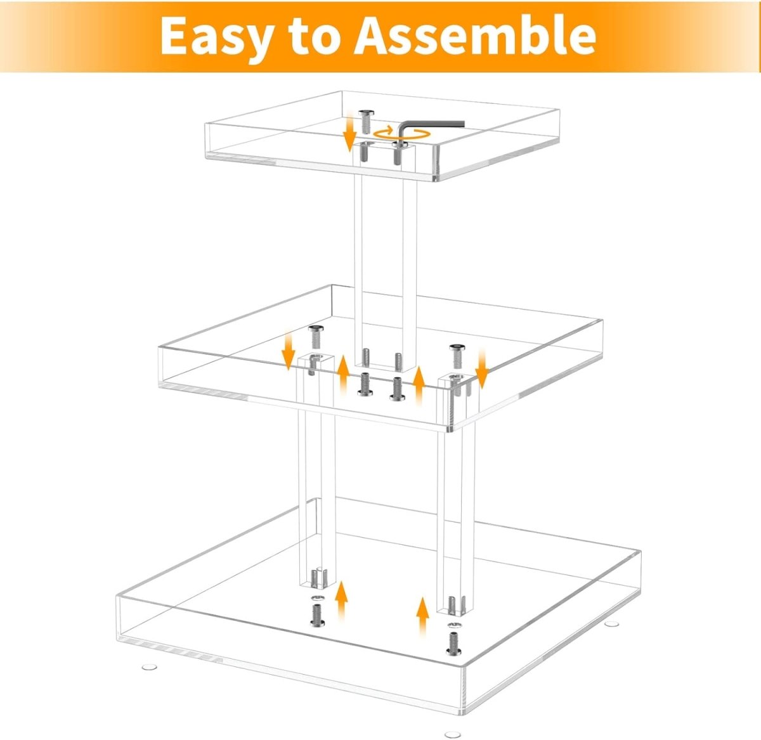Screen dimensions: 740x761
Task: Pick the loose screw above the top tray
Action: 367,120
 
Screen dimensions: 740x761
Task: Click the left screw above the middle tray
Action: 316,335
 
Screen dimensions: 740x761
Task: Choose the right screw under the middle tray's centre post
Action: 397,389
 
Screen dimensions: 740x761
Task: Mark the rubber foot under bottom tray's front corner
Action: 452,734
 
